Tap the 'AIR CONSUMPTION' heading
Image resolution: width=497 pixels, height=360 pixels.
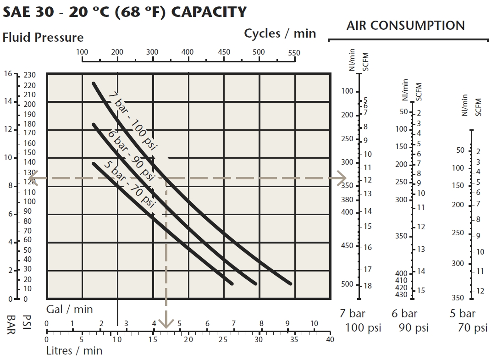(405, 25)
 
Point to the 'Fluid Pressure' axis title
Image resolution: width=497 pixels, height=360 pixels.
(43, 37)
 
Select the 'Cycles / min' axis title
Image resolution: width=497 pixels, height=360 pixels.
(280, 33)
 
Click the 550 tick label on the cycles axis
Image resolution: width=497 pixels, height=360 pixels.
(294, 53)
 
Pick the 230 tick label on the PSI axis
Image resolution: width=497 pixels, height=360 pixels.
(30, 75)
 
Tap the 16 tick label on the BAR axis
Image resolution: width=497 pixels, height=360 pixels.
(9, 73)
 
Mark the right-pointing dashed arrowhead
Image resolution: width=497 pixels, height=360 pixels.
(341, 178)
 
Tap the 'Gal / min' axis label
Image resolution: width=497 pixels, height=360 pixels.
(70, 309)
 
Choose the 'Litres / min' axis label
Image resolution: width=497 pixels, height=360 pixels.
(74, 351)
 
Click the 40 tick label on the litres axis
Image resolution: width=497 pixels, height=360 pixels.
(330, 340)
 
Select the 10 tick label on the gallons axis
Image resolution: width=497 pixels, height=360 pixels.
(314, 324)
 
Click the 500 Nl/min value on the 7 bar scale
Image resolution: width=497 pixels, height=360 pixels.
(348, 284)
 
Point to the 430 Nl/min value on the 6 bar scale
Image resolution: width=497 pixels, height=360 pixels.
(401, 294)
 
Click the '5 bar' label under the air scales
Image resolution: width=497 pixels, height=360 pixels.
(462, 314)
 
